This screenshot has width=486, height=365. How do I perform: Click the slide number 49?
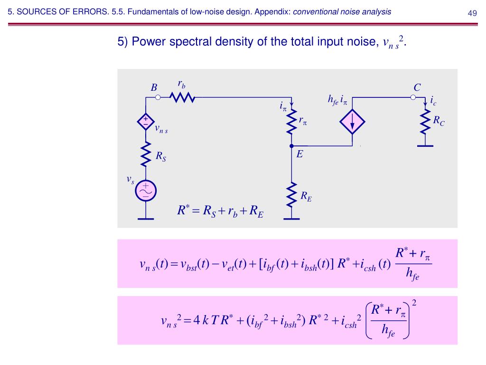tap(472, 13)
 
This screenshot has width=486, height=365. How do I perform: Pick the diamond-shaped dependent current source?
tap(353, 122)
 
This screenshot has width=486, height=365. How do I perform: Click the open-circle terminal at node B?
tap(158, 97)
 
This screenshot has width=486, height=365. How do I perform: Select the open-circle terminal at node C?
tap(413, 97)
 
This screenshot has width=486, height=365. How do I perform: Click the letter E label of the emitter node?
tap(300, 154)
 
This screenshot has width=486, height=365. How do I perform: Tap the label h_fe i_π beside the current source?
tap(337, 100)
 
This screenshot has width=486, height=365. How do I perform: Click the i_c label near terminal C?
tap(433, 101)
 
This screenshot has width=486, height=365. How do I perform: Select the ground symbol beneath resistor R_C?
tap(425, 146)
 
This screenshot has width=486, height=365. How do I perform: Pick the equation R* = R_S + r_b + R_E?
tap(220, 211)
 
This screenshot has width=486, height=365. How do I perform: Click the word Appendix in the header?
tap(276, 12)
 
